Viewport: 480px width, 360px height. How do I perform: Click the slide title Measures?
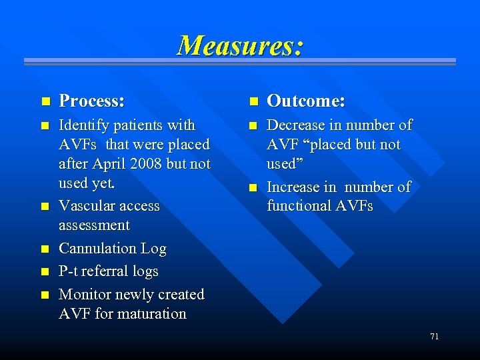tap(240, 45)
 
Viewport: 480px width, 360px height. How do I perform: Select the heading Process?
tap(91, 101)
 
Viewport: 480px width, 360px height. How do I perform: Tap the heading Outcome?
tap(305, 101)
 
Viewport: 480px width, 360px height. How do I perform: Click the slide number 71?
tap(434, 337)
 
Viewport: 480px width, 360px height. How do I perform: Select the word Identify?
tap(83, 125)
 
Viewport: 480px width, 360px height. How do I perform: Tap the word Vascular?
tap(84, 206)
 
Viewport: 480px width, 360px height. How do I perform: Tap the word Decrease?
tap(295, 125)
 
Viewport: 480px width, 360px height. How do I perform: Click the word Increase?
tap(293, 187)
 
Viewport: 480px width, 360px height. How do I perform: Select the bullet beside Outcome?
tap(253, 102)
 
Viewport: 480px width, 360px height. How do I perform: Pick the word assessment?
tap(94, 225)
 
